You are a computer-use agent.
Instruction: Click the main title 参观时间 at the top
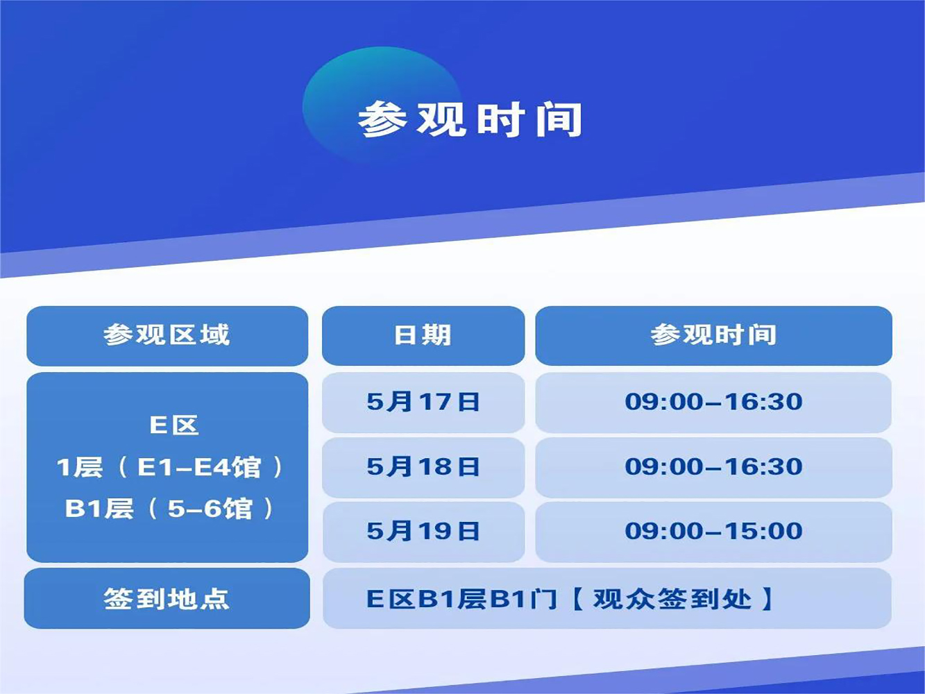pyautogui.click(x=470, y=119)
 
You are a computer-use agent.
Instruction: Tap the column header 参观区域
pyautogui.click(x=167, y=335)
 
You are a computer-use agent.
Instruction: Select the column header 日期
pyautogui.click(x=423, y=335)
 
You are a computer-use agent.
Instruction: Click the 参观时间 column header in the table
pyautogui.click(x=713, y=335)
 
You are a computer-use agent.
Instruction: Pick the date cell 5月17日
pyautogui.click(x=423, y=402)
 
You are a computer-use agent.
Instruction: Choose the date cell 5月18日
pyautogui.click(x=423, y=466)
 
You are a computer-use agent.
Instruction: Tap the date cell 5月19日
pyautogui.click(x=423, y=530)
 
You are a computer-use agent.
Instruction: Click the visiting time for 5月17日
pyautogui.click(x=713, y=402)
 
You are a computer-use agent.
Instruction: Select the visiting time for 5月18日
pyautogui.click(x=713, y=466)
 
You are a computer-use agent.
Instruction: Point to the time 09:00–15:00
pyautogui.click(x=713, y=530)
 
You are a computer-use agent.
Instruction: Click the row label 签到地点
pyautogui.click(x=167, y=599)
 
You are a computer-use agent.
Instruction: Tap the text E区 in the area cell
pyautogui.click(x=174, y=425)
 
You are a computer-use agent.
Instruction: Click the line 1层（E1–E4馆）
pyautogui.click(x=169, y=467)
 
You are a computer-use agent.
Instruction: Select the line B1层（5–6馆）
pyautogui.click(x=169, y=508)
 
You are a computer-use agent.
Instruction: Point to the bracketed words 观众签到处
pyautogui.click(x=672, y=599)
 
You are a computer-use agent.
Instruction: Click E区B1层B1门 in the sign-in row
pyautogui.click(x=462, y=599)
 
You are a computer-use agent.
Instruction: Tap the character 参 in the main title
pyautogui.click(x=382, y=119)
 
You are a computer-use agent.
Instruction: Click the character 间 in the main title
pyautogui.click(x=559, y=119)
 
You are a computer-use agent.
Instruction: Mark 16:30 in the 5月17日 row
pyautogui.click(x=763, y=402)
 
